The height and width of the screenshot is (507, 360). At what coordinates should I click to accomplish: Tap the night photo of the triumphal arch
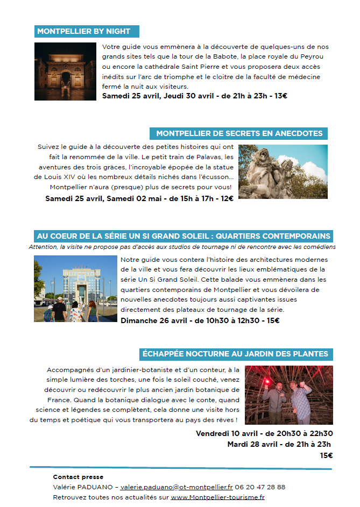pos(65,72)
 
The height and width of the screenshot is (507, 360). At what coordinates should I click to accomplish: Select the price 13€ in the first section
pos(281,96)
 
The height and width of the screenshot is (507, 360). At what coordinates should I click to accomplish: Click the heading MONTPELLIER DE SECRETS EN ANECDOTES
pos(239,133)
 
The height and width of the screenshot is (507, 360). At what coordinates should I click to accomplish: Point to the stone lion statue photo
pos(283,172)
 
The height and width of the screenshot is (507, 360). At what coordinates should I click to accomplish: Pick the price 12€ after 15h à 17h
pos(227,198)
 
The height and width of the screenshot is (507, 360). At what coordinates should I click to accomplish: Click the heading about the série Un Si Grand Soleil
pos(183,236)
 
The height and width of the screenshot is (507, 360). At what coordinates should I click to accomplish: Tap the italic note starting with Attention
pos(182,247)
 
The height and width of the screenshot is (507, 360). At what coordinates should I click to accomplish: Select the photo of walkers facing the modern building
pos(75,289)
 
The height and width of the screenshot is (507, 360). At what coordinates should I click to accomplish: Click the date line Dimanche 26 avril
pos(200,321)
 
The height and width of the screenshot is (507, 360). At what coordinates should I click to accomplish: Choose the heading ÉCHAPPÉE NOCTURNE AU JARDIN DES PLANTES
pos(235,354)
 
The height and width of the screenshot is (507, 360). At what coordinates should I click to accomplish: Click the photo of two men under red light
pos(288,395)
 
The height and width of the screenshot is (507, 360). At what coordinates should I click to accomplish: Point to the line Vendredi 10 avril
pos(264,433)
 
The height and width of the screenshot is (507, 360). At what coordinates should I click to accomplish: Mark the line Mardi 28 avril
pos(279,444)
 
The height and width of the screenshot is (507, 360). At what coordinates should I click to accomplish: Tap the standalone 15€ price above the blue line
pos(326,455)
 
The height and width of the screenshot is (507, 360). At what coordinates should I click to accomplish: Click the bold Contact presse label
pos(78,477)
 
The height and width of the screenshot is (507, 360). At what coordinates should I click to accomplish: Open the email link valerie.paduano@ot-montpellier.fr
pos(177,487)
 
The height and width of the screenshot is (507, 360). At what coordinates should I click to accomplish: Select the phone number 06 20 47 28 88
pos(260,487)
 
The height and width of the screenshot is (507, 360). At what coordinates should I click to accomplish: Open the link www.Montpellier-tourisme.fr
pos(217,497)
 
